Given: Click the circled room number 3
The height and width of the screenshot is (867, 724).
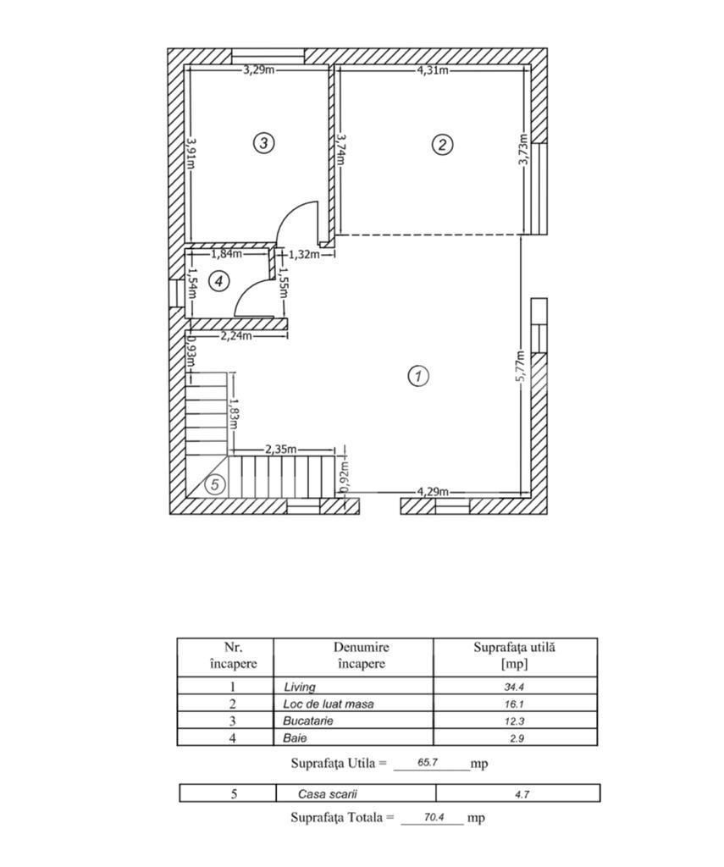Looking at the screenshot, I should pyautogui.click(x=264, y=143).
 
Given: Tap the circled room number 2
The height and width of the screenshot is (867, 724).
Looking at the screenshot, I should pyautogui.click(x=441, y=144).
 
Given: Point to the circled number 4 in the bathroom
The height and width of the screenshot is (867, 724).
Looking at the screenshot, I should pyautogui.click(x=218, y=280).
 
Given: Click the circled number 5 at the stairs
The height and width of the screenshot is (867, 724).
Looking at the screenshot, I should pyautogui.click(x=215, y=485).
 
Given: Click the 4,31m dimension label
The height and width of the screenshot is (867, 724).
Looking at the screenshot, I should pyautogui.click(x=433, y=70).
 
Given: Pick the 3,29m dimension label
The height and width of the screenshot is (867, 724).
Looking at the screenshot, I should pyautogui.click(x=259, y=70).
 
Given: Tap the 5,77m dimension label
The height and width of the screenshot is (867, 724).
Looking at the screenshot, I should pyautogui.click(x=522, y=366).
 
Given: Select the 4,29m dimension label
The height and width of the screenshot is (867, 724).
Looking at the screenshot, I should pyautogui.click(x=433, y=492).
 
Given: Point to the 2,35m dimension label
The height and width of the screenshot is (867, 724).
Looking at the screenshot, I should pyautogui.click(x=281, y=450).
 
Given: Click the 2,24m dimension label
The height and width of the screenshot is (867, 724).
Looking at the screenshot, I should pyautogui.click(x=236, y=336).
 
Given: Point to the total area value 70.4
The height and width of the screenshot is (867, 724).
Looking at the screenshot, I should pyautogui.click(x=432, y=819).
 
